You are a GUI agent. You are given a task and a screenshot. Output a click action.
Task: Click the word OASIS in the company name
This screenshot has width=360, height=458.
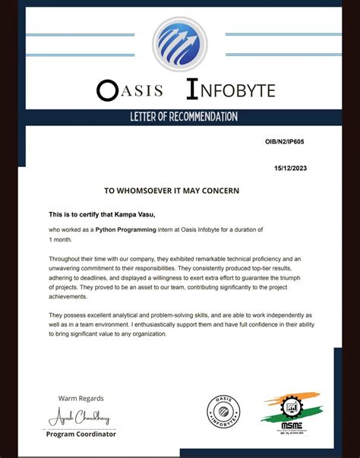click(130, 90)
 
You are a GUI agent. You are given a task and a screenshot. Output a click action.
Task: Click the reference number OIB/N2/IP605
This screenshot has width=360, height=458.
click(285, 142)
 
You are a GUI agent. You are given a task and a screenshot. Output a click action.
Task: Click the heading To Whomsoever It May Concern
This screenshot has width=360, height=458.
click(172, 190)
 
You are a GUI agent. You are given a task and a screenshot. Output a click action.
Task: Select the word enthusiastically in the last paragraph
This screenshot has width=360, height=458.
click(200, 324)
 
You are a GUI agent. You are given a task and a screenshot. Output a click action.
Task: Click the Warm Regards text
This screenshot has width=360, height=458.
click(81, 398)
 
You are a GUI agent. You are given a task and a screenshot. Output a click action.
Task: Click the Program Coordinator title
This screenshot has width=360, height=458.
click(81, 434)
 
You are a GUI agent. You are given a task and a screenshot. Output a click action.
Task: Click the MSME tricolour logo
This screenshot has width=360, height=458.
click(289, 411)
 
